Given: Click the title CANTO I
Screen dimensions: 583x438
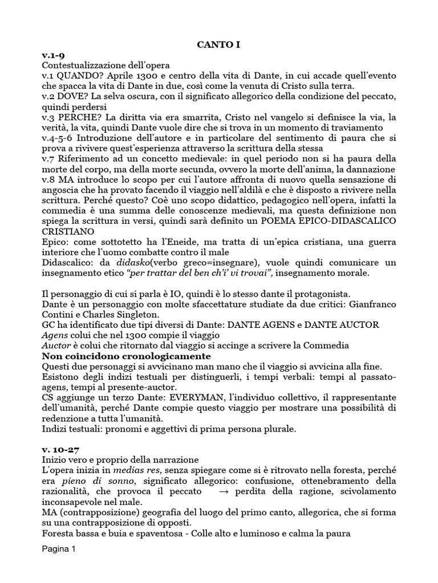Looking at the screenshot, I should [x=218, y=44].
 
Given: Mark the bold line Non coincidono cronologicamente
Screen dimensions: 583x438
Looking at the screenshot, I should [x=119, y=357].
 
